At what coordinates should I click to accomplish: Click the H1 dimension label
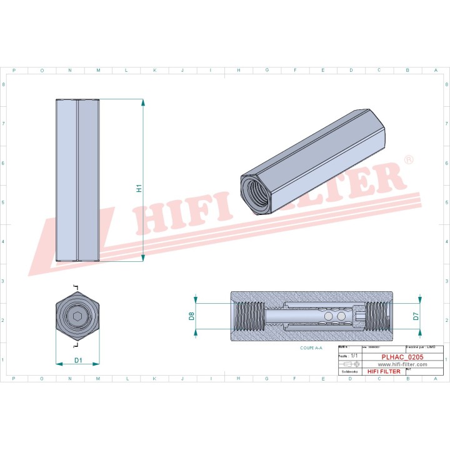pyautogui.click(x=139, y=187)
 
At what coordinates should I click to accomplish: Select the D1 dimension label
pyautogui.click(x=78, y=360)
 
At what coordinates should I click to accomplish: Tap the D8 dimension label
pyautogui.click(x=192, y=316)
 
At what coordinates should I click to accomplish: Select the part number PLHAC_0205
pyautogui.click(x=402, y=357)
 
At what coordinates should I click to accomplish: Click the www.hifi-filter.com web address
pyautogui.click(x=402, y=364)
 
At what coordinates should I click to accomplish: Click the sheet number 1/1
pyautogui.click(x=354, y=355)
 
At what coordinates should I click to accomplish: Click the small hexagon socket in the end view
pyautogui.click(x=77, y=317)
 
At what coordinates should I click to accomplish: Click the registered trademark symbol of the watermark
pyautogui.click(x=408, y=160)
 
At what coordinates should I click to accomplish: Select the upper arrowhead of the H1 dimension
pyautogui.click(x=144, y=102)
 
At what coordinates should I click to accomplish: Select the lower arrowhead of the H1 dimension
pyautogui.click(x=144, y=258)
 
